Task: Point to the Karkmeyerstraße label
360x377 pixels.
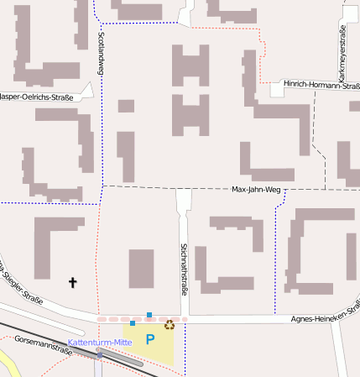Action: coord(342,55)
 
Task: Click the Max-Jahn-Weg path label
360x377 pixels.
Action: coord(256,190)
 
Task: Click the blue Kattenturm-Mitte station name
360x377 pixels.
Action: coord(100,343)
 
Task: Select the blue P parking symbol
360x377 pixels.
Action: coord(150,340)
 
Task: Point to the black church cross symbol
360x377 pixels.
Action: coord(72,283)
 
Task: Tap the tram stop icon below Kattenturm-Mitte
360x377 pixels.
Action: coord(99,354)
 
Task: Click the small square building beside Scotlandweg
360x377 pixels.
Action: coord(126,106)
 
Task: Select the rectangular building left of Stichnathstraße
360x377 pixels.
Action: coord(141,269)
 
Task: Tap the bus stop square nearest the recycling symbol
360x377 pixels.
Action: coord(149,315)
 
